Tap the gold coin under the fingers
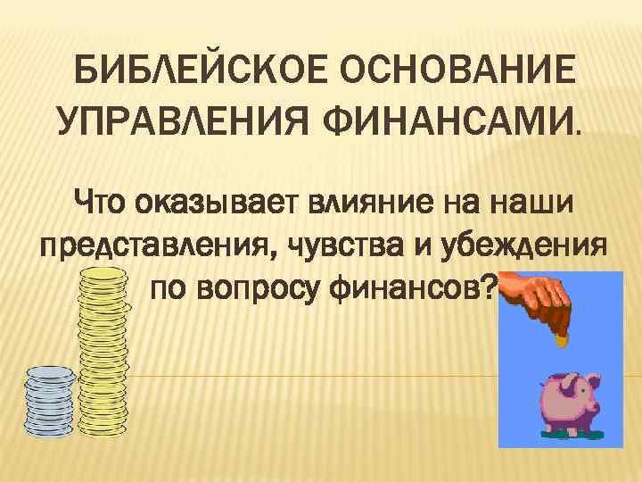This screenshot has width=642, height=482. coord(561,339)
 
